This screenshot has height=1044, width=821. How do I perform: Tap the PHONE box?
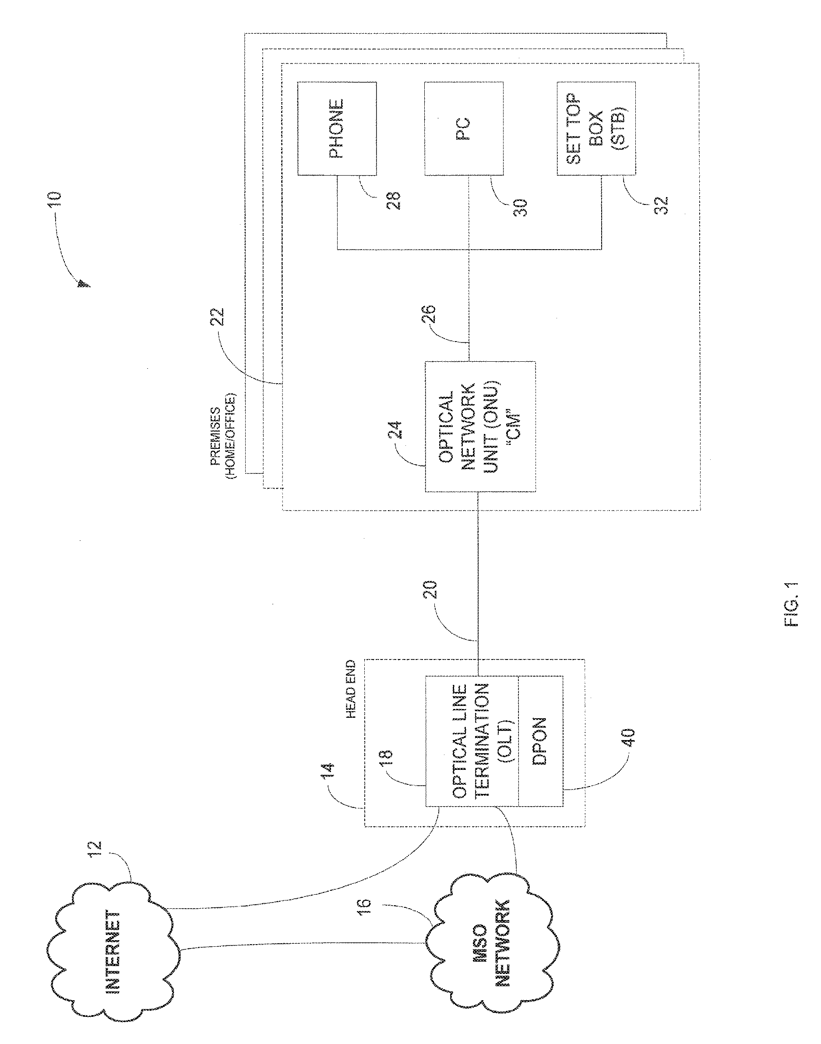point(336,128)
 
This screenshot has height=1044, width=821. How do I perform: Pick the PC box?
point(463,129)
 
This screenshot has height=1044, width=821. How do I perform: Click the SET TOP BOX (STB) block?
point(595,129)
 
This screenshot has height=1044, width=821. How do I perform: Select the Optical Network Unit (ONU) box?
point(480,427)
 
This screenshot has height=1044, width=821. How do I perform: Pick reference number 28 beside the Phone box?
point(395,200)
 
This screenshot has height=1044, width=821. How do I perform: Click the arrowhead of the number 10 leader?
point(83,284)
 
